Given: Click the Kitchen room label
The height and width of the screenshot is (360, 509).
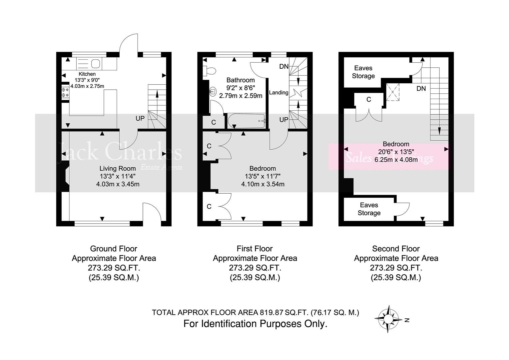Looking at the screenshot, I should [x=87, y=74].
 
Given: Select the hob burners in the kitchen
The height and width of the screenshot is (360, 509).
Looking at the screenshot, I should [x=65, y=92].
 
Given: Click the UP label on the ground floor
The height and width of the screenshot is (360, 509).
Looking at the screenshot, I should [x=140, y=118].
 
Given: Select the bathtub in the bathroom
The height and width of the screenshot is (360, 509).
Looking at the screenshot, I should [x=246, y=121].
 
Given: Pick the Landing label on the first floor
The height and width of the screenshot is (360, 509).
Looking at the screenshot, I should [x=278, y=93].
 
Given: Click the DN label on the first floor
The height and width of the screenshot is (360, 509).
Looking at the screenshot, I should [x=284, y=67].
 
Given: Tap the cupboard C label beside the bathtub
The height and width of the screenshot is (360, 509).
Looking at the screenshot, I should [x=214, y=122].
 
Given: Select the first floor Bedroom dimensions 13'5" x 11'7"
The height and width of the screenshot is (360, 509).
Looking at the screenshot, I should [x=262, y=176].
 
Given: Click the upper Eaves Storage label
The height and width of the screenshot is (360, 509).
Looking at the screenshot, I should [x=363, y=72].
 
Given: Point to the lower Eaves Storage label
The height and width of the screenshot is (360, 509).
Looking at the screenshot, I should [x=369, y=209].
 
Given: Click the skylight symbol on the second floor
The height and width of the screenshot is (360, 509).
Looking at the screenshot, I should [x=392, y=92].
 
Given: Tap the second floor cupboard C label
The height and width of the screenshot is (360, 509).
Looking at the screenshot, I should [x=368, y=100].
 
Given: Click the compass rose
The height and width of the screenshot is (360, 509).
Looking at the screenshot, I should [x=388, y=319].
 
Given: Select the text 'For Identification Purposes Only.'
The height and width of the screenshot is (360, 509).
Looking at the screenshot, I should [x=255, y=324].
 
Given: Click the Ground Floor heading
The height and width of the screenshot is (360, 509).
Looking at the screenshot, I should [x=114, y=249].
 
